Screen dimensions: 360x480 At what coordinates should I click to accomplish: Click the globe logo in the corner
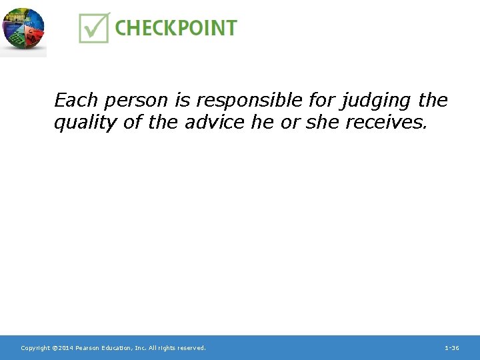[23, 29]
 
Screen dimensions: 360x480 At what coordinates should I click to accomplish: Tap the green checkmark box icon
[94, 27]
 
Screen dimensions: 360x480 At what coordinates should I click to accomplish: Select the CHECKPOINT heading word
[175, 28]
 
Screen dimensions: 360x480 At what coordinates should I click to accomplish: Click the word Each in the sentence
[75, 101]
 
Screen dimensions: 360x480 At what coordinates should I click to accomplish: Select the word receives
[384, 123]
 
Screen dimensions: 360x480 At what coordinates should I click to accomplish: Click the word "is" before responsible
[183, 101]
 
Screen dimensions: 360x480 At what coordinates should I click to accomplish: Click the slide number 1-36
[451, 348]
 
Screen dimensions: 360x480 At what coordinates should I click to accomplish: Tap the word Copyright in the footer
[35, 348]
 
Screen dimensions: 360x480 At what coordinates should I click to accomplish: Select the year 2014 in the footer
[65, 348]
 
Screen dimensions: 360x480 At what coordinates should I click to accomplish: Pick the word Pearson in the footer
[88, 348]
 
